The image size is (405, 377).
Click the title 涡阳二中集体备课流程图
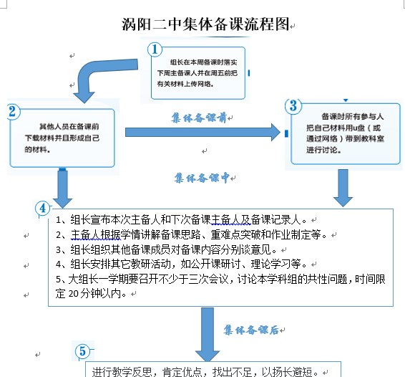point(205,24)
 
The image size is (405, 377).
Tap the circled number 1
point(155,49)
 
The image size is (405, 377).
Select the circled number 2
point(13,112)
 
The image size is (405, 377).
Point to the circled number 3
point(293,106)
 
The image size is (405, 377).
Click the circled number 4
point(43,209)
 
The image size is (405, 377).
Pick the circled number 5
point(82,351)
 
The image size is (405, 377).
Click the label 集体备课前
point(199,118)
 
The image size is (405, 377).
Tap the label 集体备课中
point(202,178)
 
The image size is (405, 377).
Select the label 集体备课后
point(251,330)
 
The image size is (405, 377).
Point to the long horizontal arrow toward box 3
point(202,132)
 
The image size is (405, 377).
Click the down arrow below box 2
point(62,188)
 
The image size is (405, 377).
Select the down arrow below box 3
point(343,188)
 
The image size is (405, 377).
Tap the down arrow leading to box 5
point(208,334)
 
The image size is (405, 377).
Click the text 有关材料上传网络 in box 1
point(184,84)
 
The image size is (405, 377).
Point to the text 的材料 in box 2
point(36,149)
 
